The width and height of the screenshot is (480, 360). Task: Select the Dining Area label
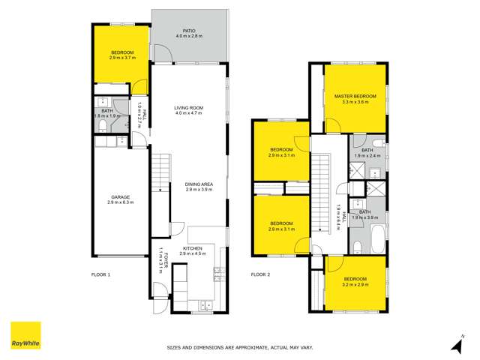199,184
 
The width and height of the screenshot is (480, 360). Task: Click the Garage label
120,197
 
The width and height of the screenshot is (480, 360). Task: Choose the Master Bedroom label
355,97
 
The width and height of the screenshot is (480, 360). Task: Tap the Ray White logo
25,335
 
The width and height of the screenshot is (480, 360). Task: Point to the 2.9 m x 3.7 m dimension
121,58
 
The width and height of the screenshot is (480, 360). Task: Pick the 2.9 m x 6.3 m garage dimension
120,202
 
